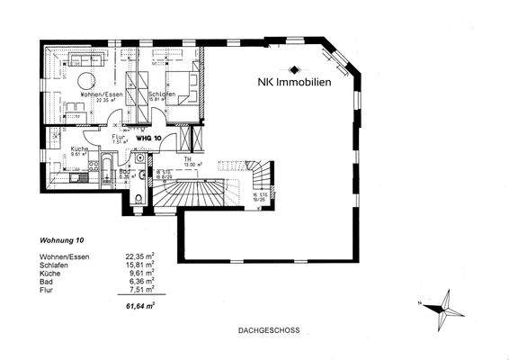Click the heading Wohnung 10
click(62, 241)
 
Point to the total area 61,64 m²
click(139, 306)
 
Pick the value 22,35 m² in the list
click(139, 256)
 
